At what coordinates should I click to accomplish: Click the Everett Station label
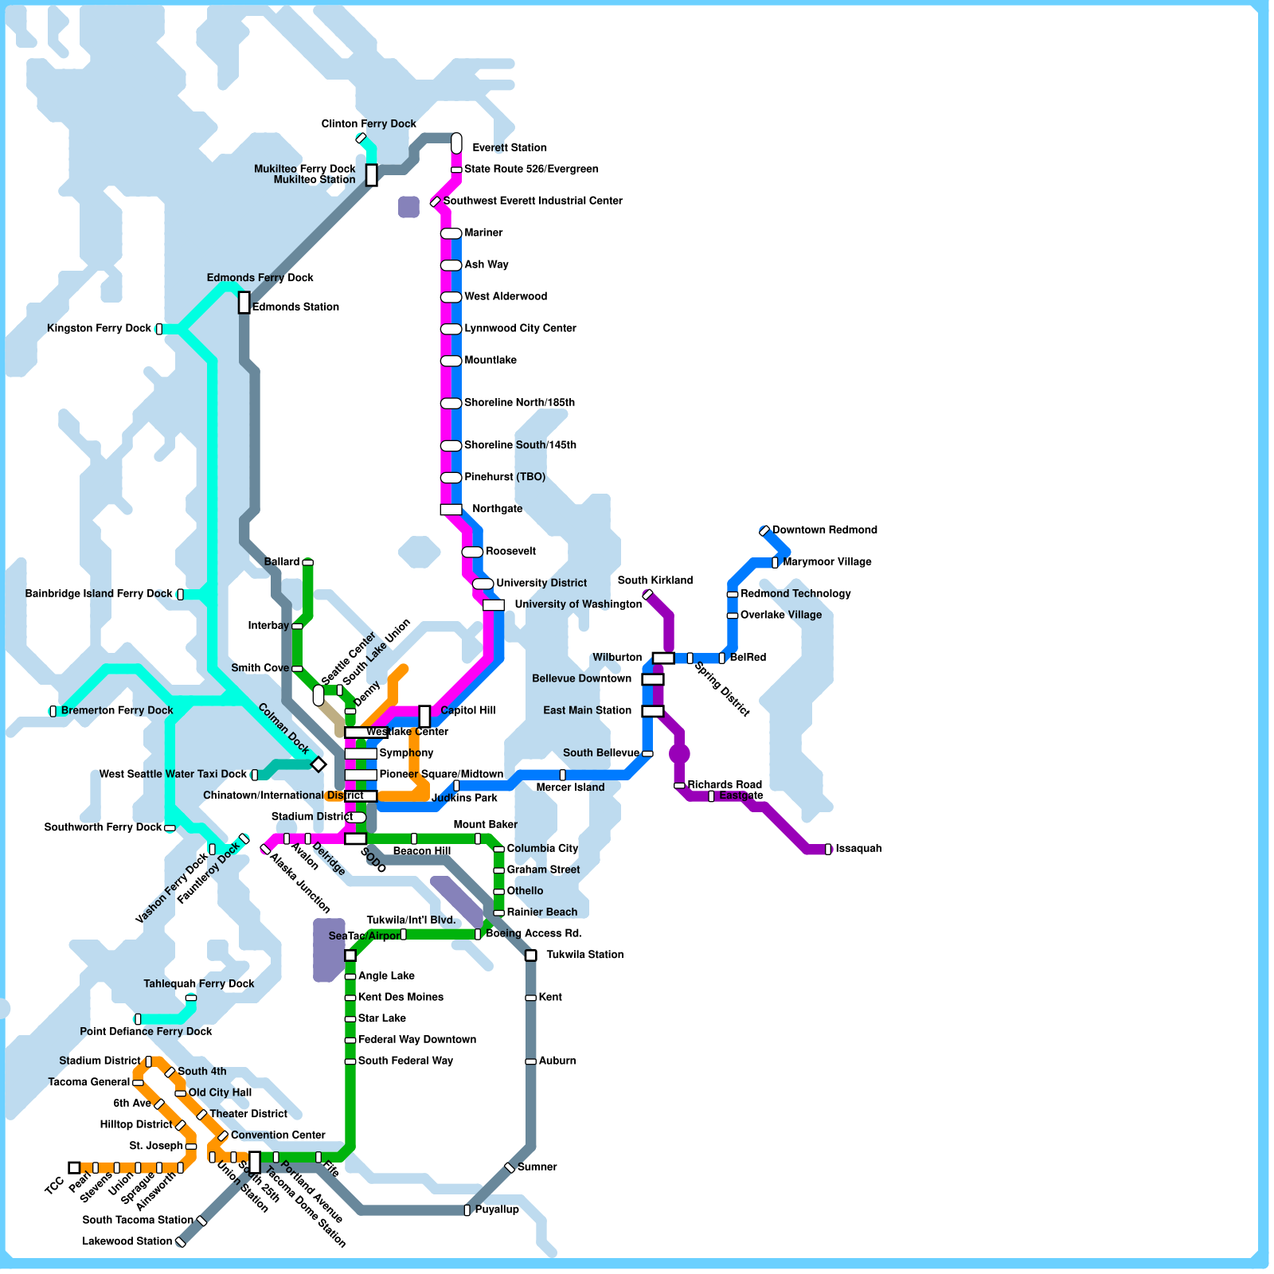(x=509, y=148)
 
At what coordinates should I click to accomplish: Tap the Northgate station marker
(x=451, y=510)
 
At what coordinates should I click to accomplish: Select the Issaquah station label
(x=858, y=849)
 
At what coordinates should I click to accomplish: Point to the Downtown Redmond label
(x=824, y=530)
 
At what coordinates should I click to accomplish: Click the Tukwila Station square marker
(x=531, y=955)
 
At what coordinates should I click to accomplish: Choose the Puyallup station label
(x=497, y=1210)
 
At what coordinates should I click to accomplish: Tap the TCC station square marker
(x=74, y=1168)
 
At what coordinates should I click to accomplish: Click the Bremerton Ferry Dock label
(x=116, y=711)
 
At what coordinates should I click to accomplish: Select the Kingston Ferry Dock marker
(x=159, y=329)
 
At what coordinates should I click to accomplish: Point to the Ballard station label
(x=282, y=562)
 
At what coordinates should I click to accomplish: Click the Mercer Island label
(x=570, y=787)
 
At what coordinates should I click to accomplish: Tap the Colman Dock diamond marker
(x=318, y=764)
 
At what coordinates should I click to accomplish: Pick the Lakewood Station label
(x=127, y=1241)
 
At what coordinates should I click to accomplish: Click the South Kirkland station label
(x=655, y=580)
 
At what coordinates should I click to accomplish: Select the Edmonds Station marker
(x=244, y=303)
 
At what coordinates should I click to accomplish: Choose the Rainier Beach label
(x=542, y=913)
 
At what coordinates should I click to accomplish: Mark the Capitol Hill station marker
(x=424, y=716)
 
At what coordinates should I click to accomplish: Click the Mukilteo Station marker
(x=372, y=174)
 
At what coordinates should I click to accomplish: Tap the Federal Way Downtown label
(x=417, y=1040)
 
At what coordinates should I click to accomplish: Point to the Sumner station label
(x=537, y=1167)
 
